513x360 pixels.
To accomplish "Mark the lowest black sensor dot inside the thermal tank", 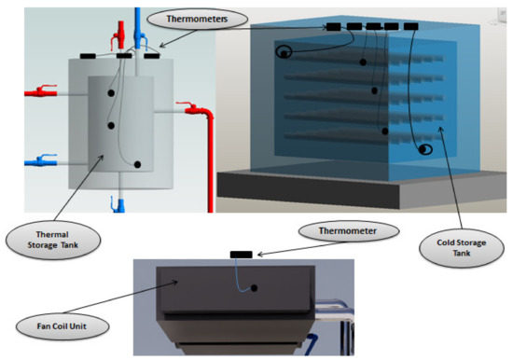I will coord(138,165).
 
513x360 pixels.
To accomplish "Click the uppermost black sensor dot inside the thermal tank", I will coord(112,94).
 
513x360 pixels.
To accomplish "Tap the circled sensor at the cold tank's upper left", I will coord(283,53).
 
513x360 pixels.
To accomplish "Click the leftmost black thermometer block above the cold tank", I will coord(333,27).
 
